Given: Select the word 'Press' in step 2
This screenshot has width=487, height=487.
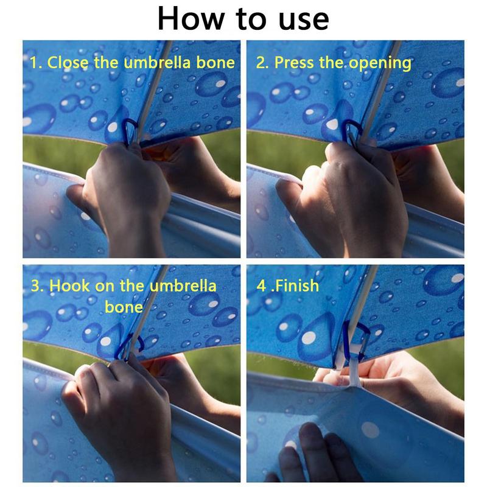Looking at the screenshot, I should tap(295, 62).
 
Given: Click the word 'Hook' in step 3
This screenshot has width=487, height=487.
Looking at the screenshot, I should tap(72, 286).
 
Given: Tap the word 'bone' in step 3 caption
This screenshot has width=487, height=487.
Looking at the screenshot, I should tap(124, 306).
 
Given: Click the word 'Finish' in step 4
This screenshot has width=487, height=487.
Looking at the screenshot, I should tap(298, 285).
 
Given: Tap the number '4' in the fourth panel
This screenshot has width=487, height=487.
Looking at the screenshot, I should tap(262, 286).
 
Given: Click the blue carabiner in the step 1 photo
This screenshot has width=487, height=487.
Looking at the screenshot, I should tap(130, 132).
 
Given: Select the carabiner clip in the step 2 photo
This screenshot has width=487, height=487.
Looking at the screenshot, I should tap(353, 133).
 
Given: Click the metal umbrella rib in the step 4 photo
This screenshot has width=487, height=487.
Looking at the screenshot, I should tap(363, 298).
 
